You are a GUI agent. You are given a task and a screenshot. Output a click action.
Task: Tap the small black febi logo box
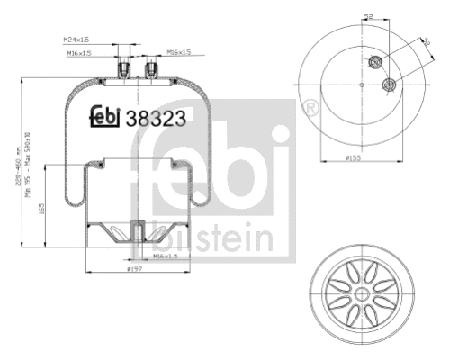tap(105, 117)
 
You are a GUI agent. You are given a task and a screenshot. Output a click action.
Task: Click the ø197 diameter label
tap(135, 269)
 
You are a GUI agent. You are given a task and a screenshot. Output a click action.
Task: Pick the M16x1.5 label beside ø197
tap(163, 256)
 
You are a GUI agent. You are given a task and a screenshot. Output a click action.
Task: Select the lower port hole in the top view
tap(390, 85)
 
